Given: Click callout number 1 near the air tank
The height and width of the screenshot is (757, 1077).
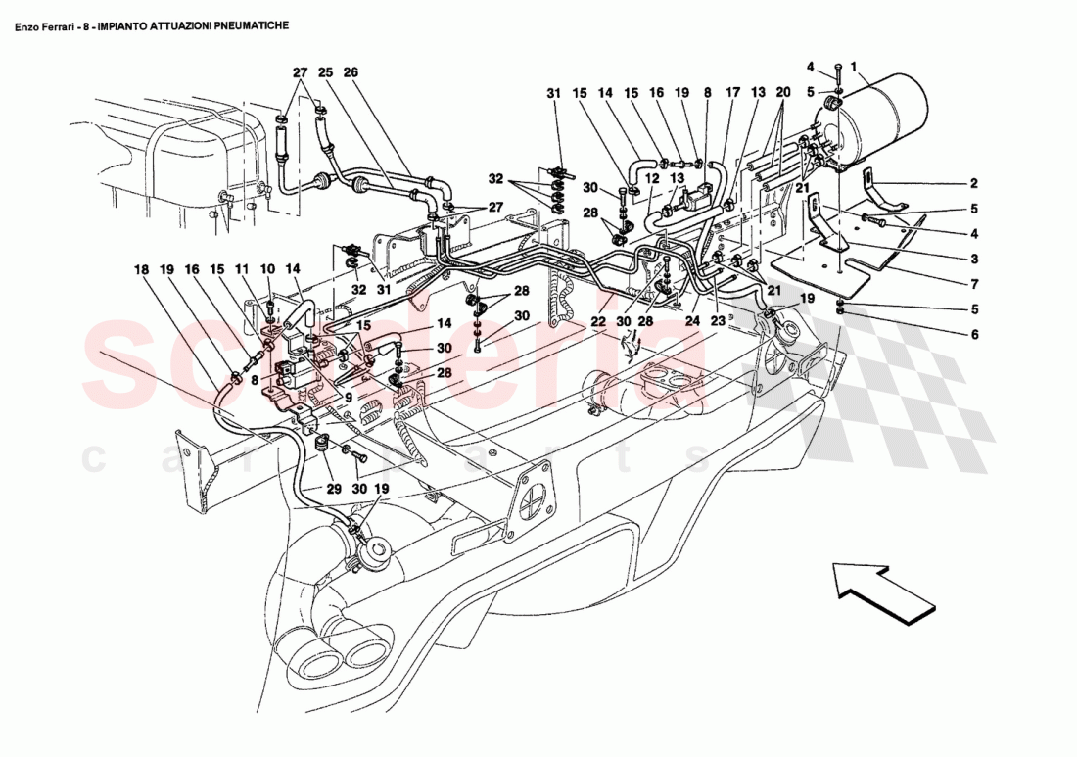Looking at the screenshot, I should tap(854, 67).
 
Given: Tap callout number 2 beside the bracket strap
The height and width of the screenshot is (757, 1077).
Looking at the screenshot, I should tap(974, 183).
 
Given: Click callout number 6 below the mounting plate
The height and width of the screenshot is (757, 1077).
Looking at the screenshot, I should tap(974, 335).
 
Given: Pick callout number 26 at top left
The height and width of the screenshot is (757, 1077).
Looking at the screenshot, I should tap(351, 72).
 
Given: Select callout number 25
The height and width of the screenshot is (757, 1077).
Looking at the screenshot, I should tap(325, 72).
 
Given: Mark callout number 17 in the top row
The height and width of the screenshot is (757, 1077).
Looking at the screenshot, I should tap(730, 93).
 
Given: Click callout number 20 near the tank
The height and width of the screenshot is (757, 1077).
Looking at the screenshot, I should tap(782, 93).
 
